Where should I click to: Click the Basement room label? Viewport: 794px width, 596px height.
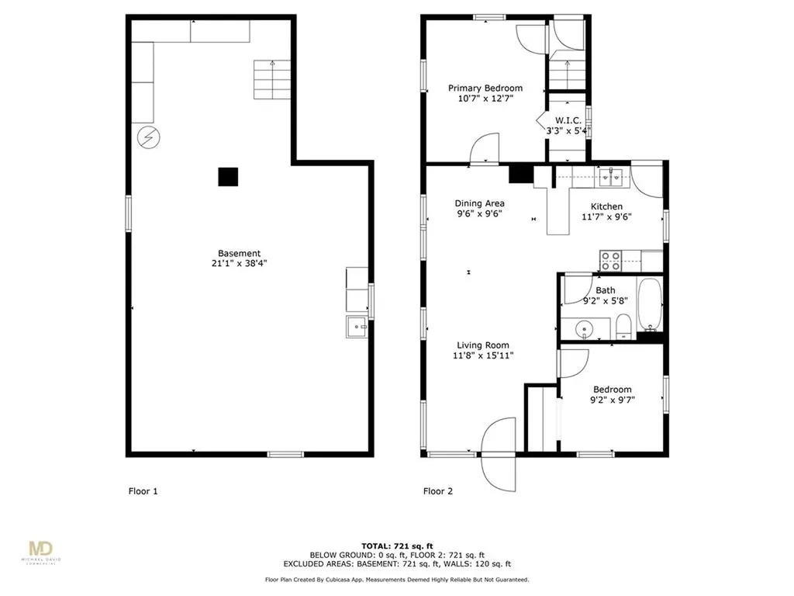click(x=239, y=254)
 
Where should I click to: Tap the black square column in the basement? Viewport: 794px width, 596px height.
click(x=228, y=177)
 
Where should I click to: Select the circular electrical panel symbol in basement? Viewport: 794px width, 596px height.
click(x=149, y=137)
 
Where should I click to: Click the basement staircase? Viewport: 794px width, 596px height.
click(x=272, y=80)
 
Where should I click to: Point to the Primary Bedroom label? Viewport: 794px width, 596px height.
click(x=485, y=88)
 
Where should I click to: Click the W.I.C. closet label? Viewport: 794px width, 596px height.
click(x=568, y=120)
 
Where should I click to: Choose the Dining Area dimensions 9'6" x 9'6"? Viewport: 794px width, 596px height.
click(x=479, y=214)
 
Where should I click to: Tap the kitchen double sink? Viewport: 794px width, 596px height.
click(x=611, y=178)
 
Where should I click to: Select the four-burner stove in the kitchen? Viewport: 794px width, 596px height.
click(x=611, y=261)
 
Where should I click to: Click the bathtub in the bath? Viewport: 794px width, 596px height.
click(x=649, y=304)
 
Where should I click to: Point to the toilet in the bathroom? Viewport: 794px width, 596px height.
click(x=623, y=327)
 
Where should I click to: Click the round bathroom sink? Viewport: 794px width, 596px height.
click(x=585, y=330)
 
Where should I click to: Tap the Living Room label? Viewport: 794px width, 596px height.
click(x=482, y=345)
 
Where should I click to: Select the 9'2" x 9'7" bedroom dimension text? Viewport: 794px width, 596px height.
click(x=613, y=400)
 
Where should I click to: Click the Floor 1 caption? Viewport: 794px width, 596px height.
click(x=143, y=491)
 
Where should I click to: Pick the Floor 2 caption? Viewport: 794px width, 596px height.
click(x=438, y=491)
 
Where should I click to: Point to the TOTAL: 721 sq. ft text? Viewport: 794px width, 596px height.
click(x=397, y=546)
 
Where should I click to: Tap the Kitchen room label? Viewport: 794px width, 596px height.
click(x=606, y=206)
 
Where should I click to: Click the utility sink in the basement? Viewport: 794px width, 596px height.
click(x=357, y=327)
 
